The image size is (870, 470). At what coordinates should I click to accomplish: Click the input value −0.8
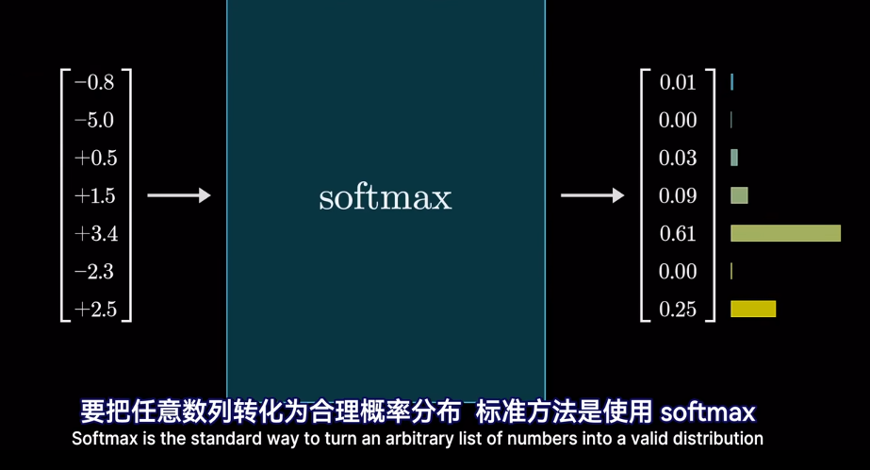tap(94, 83)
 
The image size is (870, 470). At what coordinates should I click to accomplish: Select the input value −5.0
tap(94, 121)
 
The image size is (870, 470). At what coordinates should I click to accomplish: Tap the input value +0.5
tap(95, 159)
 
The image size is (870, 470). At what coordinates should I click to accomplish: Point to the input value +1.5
tap(95, 196)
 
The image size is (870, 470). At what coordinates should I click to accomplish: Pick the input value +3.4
tap(95, 234)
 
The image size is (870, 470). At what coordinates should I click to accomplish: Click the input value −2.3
tap(94, 272)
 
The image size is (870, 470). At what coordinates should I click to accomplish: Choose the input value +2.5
tap(95, 310)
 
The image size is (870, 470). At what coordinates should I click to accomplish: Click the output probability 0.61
tap(678, 234)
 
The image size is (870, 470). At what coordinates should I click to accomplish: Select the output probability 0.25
tap(678, 310)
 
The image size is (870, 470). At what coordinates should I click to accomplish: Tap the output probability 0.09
tap(678, 196)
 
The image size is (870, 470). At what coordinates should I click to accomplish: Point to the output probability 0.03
tap(678, 159)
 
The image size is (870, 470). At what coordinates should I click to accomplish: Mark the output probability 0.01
tap(678, 83)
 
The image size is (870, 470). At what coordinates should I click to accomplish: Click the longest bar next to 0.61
tap(785, 233)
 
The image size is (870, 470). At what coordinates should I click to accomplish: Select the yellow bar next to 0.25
tap(753, 309)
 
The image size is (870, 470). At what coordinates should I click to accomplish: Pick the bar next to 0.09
tap(739, 195)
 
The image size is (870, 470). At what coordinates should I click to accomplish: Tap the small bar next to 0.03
tap(734, 158)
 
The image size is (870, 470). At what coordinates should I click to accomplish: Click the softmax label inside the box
tap(386, 198)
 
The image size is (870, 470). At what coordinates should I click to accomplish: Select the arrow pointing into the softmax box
tap(179, 196)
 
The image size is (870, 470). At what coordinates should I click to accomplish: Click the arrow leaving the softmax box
tap(592, 196)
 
